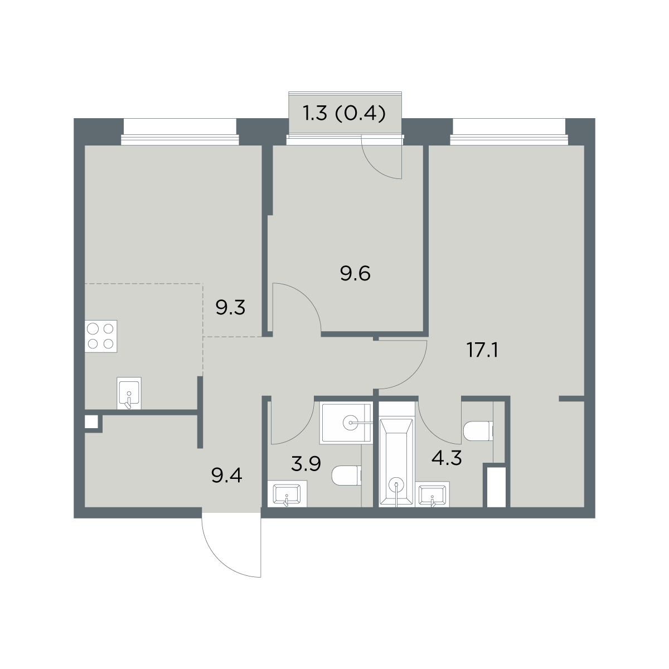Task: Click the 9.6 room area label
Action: [x=355, y=273]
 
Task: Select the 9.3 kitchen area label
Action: [x=230, y=307]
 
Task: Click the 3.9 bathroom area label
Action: [x=306, y=464]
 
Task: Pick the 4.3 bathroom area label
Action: [x=447, y=458]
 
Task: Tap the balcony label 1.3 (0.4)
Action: [x=345, y=113]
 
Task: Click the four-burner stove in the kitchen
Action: [x=101, y=336]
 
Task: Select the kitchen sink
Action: [x=129, y=393]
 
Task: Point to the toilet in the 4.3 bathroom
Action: [x=478, y=430]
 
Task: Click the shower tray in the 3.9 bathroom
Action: [x=346, y=423]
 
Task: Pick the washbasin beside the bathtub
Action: [x=432, y=494]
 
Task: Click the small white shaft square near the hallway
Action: [x=91, y=422]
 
